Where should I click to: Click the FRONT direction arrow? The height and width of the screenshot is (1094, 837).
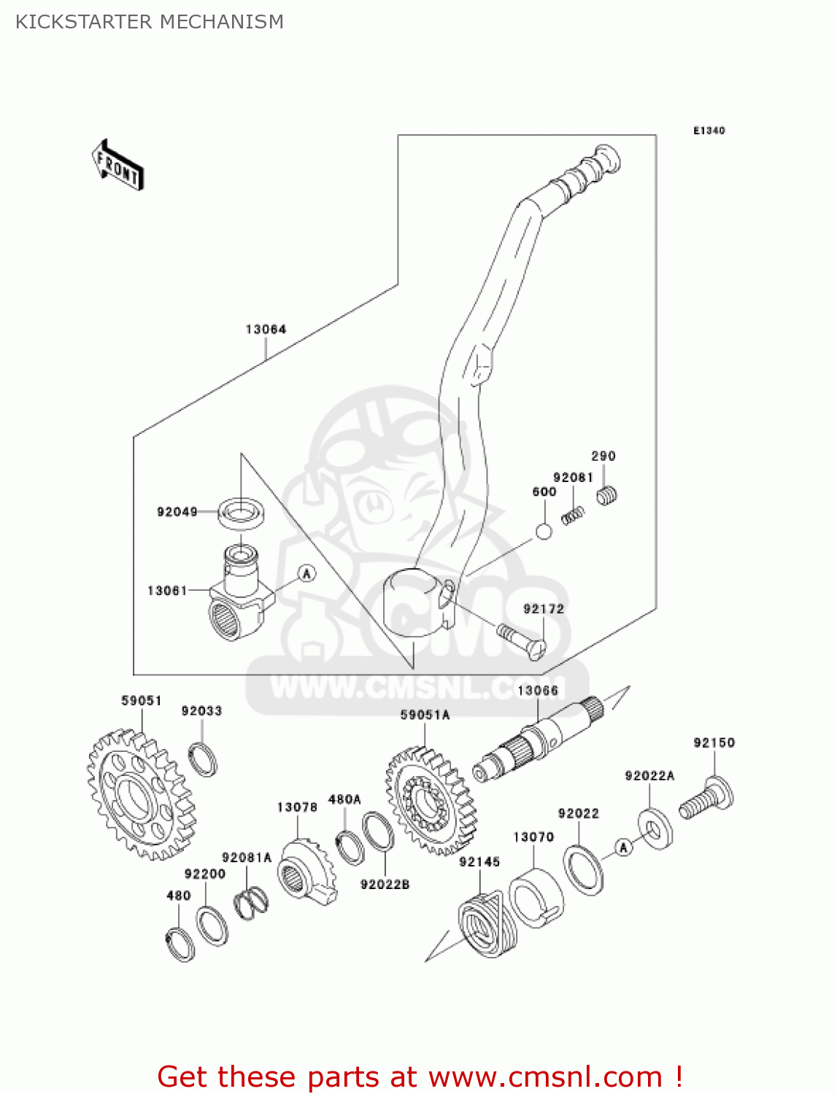tap(117, 166)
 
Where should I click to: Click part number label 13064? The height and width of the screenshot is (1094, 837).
tap(266, 330)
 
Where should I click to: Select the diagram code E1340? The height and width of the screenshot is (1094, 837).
tap(709, 131)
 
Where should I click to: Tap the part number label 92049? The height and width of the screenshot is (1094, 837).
tap(177, 512)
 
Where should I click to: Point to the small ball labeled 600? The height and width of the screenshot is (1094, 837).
tap(544, 531)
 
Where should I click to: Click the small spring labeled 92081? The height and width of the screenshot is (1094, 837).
tap(573, 514)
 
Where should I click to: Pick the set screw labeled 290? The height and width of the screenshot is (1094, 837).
tap(607, 497)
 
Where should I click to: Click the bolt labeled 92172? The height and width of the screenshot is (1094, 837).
tap(522, 641)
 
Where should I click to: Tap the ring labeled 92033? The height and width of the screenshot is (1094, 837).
tap(203, 759)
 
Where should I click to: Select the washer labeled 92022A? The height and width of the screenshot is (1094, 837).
tap(655, 827)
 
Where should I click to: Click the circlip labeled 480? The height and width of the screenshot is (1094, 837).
tap(180, 944)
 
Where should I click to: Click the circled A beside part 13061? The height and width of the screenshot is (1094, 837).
tap(307, 573)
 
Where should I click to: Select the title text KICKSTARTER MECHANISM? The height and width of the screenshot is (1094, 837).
tap(150, 22)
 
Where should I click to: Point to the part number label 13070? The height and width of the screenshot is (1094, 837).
tap(533, 837)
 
